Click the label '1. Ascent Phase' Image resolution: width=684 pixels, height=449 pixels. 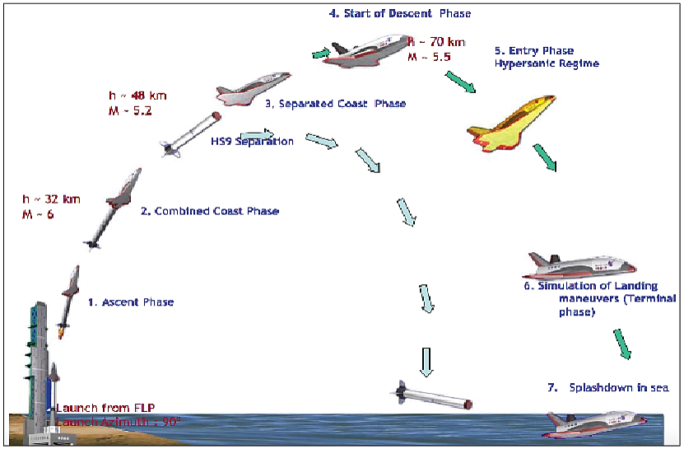tap(131, 302)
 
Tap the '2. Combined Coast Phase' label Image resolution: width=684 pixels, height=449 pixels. tap(210, 212)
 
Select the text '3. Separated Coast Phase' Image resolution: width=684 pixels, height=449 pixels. tap(335, 105)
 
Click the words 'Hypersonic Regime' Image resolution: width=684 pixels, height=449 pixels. tap(547, 63)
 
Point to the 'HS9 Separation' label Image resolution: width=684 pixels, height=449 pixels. tap(252, 142)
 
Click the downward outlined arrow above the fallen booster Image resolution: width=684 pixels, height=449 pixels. tap(426, 361)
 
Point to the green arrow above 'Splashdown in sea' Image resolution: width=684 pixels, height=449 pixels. tap(622, 344)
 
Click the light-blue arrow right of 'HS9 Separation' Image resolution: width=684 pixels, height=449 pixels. tap(257, 134)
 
